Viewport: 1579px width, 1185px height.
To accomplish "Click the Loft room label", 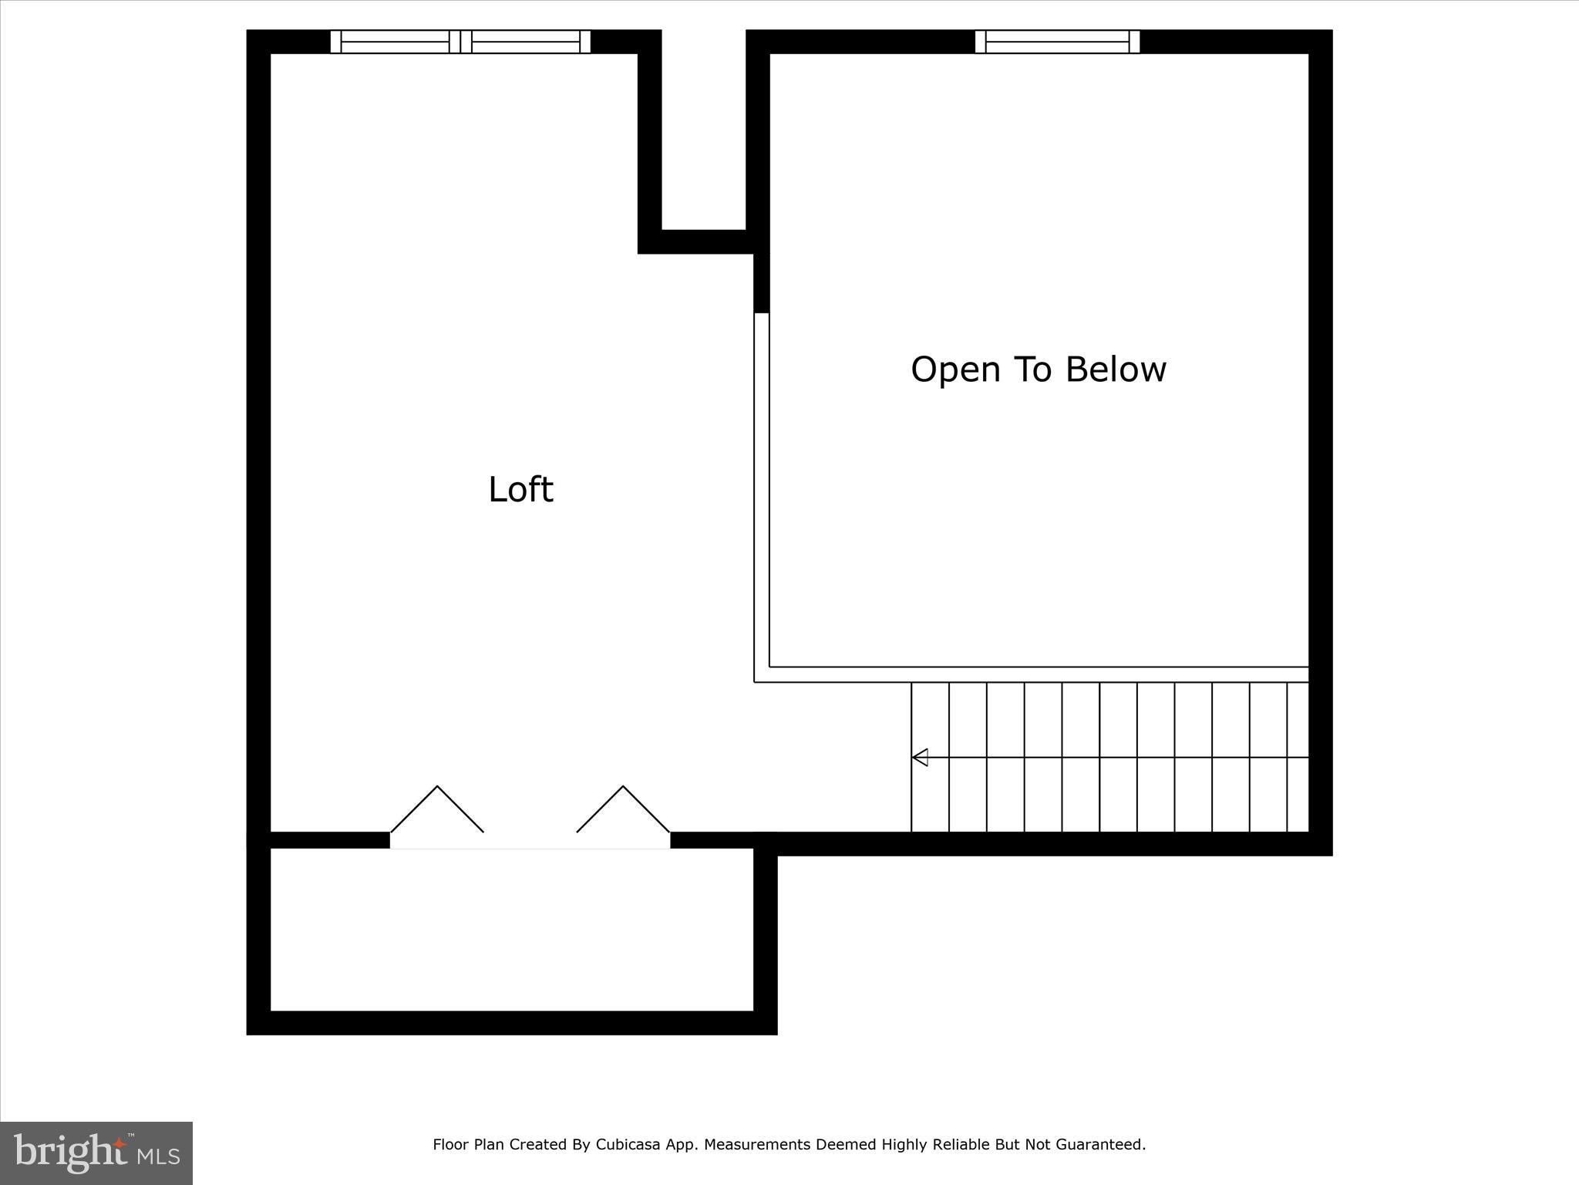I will (520, 490).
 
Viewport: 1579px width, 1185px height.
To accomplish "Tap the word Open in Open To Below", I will (955, 370).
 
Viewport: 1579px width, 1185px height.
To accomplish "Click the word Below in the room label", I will (1116, 369).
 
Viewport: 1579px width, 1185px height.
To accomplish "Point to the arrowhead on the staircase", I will (920, 758).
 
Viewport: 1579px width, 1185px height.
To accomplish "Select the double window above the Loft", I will (460, 42).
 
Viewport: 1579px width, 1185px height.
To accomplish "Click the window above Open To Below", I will (1057, 42).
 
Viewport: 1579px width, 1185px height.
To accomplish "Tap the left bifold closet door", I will (437, 809).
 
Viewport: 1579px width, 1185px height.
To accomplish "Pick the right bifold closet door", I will (623, 809).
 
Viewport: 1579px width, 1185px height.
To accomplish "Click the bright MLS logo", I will (96, 1153).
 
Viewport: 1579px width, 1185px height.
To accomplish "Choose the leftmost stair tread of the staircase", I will (930, 757).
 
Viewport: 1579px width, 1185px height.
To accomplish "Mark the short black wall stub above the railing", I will (762, 282).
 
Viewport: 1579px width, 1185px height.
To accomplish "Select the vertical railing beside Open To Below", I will (762, 494).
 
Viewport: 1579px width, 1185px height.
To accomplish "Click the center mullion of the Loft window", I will (460, 42).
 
